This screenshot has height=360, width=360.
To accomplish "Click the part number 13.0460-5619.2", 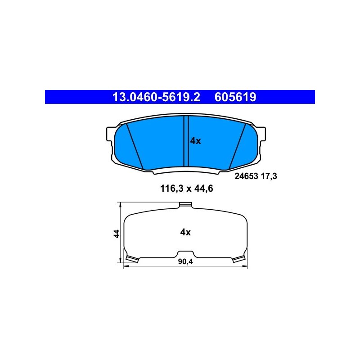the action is pyautogui.click(x=156, y=97).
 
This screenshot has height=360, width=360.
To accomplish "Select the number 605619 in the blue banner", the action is pyautogui.click(x=235, y=97).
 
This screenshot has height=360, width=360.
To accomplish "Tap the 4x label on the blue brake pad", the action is pyautogui.click(x=195, y=141).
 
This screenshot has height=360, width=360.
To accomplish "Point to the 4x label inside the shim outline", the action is pyautogui.click(x=185, y=232).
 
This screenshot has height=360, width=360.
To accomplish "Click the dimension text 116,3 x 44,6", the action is pyautogui.click(x=187, y=189).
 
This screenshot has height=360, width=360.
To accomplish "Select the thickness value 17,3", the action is pyautogui.click(x=269, y=176).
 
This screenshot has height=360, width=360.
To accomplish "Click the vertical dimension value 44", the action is pyautogui.click(x=117, y=234).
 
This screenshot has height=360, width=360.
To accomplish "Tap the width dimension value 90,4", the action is pyautogui.click(x=185, y=262).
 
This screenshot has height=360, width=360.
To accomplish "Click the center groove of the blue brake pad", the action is pyautogui.click(x=186, y=141).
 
